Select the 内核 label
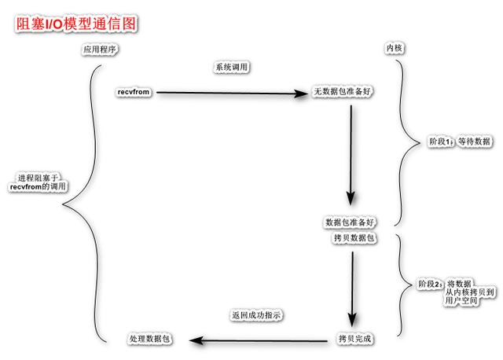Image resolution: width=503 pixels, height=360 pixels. [394, 50]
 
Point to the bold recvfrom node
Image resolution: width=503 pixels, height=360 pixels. [134, 93]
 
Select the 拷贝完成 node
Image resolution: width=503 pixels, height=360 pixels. [354, 339]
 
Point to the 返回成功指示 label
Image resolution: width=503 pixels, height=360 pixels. [255, 315]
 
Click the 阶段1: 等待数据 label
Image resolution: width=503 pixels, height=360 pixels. [459, 141]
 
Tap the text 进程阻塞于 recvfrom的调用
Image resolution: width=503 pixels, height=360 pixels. [38, 183]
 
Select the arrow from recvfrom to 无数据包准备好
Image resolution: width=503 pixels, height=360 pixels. [232, 94]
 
